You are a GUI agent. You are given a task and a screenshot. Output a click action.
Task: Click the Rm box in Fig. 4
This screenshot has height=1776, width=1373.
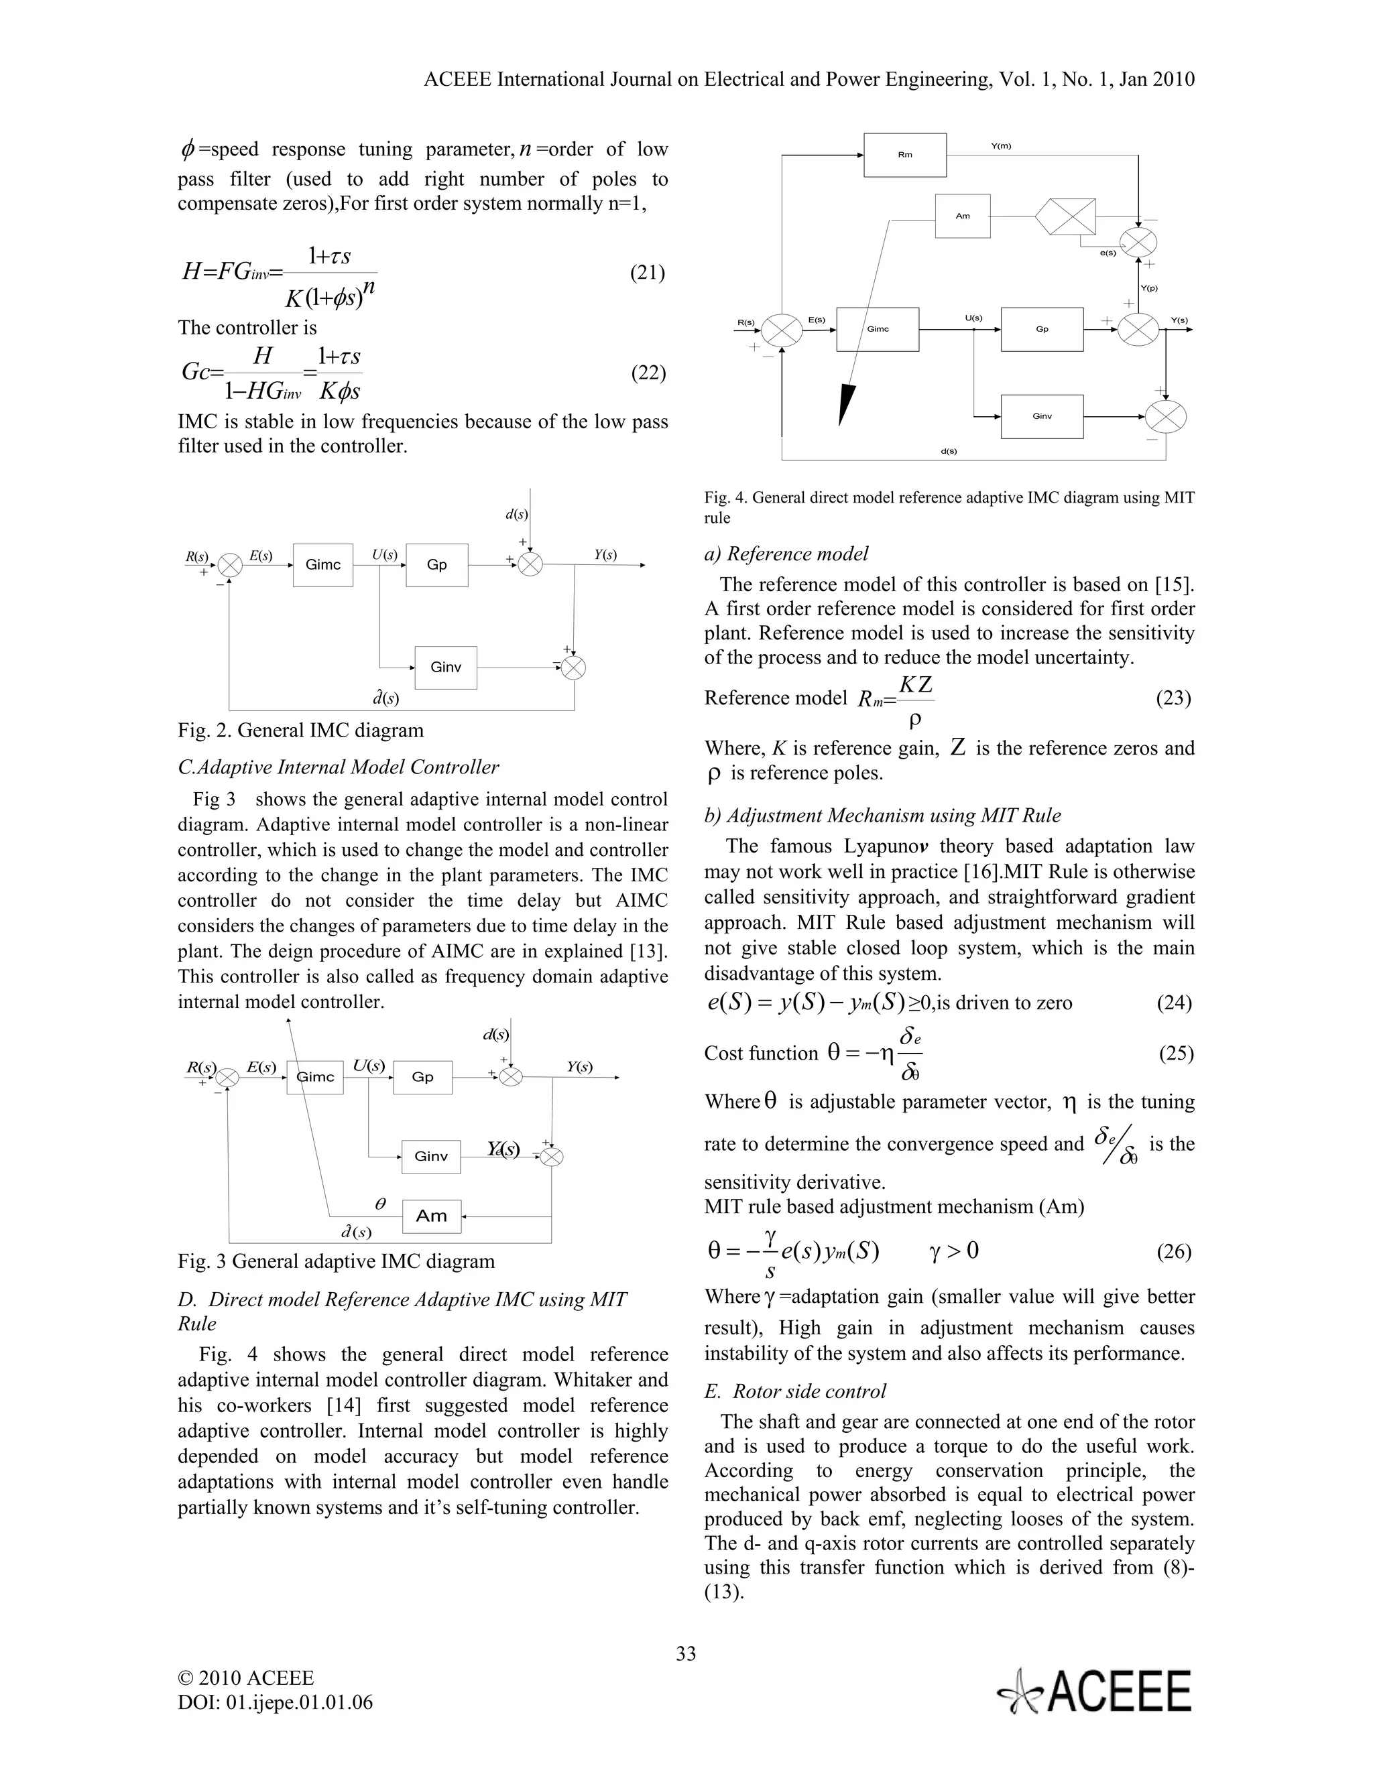[x=904, y=155]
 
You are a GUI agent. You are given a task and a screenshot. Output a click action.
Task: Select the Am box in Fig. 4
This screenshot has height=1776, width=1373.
[x=962, y=216]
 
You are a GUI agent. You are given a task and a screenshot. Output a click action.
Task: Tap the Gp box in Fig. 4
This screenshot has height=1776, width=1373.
[x=1041, y=329]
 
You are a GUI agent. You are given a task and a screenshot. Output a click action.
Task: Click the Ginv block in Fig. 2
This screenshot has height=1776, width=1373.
[x=446, y=668]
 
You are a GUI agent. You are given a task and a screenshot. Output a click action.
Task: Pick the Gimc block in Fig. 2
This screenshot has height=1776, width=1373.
[x=323, y=564]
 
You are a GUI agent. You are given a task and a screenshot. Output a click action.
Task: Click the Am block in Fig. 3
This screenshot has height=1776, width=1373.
[x=431, y=1216]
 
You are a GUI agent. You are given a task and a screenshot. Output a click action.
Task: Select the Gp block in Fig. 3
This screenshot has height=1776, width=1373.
[x=422, y=1077]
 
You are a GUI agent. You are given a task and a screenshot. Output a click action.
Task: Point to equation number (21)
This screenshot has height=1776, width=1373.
[x=648, y=273]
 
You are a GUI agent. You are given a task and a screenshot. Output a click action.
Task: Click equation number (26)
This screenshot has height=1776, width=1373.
[x=1174, y=1251]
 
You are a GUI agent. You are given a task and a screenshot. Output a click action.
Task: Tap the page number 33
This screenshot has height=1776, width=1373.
[x=686, y=1653]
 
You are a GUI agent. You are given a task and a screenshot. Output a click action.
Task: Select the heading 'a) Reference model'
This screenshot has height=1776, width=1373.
[x=786, y=554]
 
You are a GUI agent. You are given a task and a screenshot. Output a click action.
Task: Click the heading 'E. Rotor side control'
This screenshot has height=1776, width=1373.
[x=794, y=1391]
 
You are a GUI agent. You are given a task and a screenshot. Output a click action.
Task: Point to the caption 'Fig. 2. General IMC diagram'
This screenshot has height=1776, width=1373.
[x=301, y=731]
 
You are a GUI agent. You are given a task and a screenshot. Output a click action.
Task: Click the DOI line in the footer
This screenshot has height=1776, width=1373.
[x=275, y=1702]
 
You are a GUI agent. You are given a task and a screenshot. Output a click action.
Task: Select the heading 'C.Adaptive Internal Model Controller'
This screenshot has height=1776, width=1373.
[x=339, y=767]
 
